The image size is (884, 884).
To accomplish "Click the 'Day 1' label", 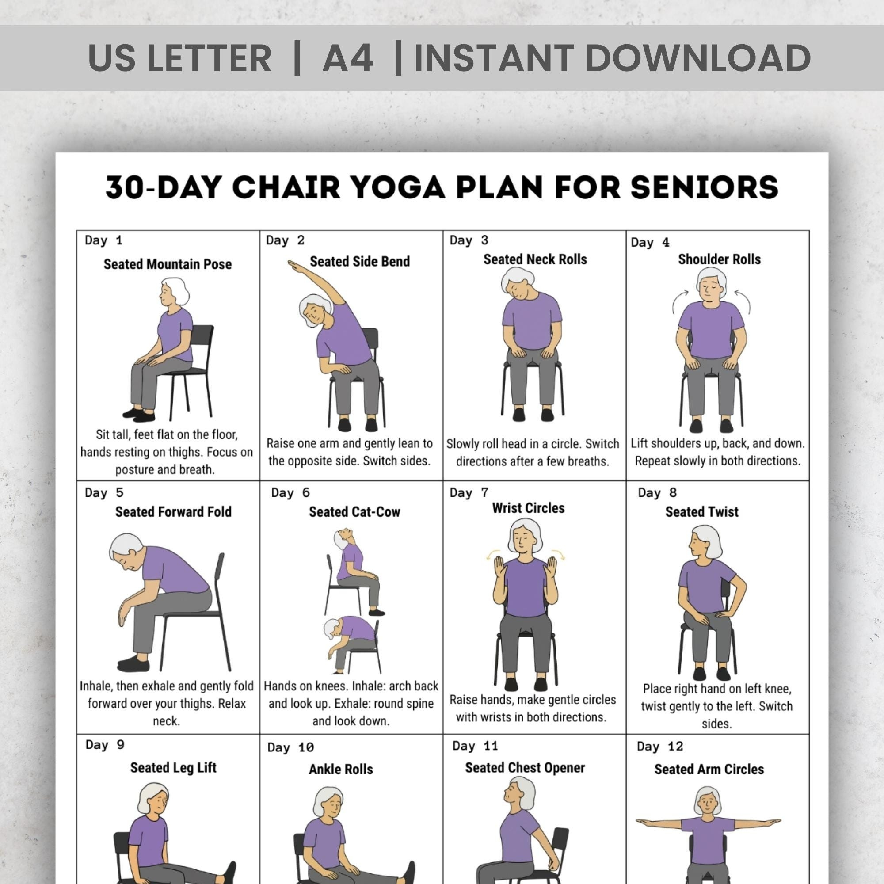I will coord(103,240).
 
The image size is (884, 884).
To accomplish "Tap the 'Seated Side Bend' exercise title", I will coord(360,261).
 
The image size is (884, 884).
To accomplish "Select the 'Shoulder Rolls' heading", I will coord(719,259).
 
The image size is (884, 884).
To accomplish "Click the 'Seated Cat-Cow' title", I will coord(354,511).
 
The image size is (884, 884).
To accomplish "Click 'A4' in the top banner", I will coord(348,58).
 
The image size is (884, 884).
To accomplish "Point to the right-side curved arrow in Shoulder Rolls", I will coord(744,302).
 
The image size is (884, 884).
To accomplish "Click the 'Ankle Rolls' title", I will coord(340,770).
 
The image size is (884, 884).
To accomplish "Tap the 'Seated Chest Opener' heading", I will coord(525,768).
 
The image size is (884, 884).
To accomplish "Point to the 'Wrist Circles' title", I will coord(528,508).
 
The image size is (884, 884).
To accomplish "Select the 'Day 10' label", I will coord(290,748).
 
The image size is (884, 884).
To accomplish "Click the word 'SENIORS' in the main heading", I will coord(704,187).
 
